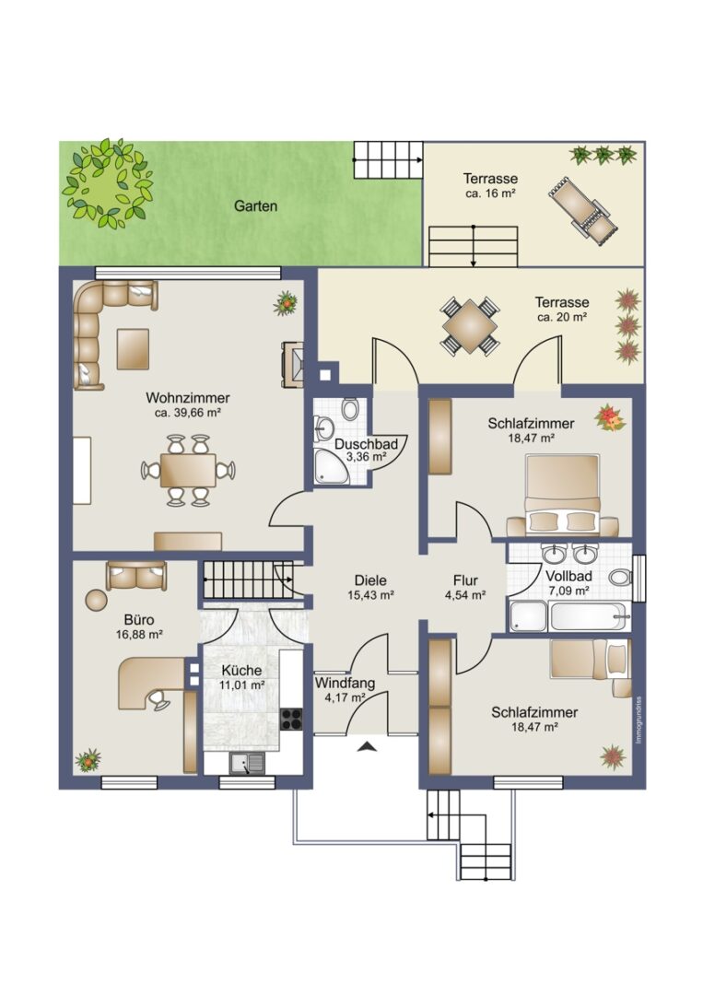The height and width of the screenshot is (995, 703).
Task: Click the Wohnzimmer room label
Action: click(x=188, y=398)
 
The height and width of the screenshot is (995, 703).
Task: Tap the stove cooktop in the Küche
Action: click(x=291, y=719)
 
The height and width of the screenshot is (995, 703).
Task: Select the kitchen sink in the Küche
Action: click(x=248, y=764)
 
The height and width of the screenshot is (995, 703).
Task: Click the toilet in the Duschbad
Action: click(x=349, y=409)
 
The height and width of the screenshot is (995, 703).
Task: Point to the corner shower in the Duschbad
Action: click(x=331, y=467)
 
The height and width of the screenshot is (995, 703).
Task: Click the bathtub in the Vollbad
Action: click(x=590, y=615)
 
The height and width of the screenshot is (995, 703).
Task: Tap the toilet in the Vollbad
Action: click(x=620, y=578)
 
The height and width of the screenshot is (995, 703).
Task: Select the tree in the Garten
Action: click(x=108, y=183)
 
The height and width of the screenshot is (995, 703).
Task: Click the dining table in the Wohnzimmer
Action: click(x=188, y=470)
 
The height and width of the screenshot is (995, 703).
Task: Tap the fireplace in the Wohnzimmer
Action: click(x=293, y=364)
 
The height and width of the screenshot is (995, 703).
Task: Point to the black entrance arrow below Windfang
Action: click(x=366, y=746)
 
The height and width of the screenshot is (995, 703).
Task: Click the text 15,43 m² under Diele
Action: click(x=371, y=595)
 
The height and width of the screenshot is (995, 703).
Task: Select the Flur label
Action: click(x=465, y=580)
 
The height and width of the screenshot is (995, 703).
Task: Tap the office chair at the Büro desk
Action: click(x=158, y=699)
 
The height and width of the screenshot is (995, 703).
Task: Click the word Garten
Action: click(x=256, y=206)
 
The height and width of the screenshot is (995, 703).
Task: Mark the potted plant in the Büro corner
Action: click(x=88, y=760)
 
